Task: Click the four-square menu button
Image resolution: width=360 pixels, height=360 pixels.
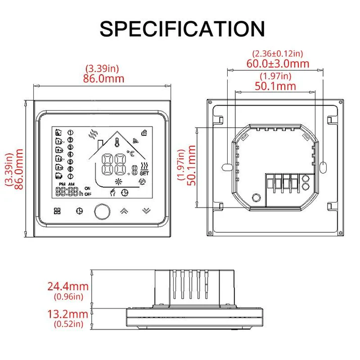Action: tap(57, 211)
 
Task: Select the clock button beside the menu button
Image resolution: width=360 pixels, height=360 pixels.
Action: tap(78, 211)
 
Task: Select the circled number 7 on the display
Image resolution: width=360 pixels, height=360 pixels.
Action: tap(70, 177)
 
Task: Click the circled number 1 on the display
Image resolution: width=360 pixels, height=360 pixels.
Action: tap(70, 133)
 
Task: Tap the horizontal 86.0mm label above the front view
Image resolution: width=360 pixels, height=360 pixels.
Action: tap(104, 78)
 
